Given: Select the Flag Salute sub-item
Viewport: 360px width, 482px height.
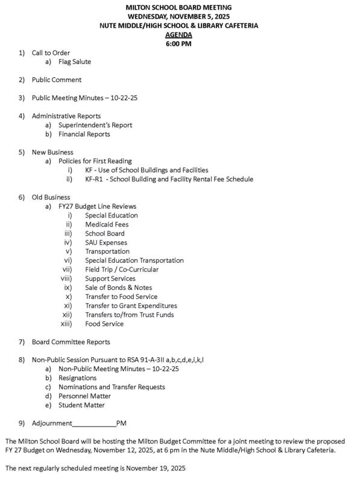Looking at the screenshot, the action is point(75,61).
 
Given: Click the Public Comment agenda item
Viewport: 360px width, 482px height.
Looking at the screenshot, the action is point(57,80).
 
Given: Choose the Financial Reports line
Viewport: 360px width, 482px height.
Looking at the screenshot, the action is point(84,134).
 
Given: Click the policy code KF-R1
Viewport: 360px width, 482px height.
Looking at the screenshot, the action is point(95,179).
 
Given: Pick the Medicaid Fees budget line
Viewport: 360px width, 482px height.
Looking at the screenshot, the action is point(107,224).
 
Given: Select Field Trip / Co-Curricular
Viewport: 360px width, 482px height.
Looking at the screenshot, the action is point(122,269).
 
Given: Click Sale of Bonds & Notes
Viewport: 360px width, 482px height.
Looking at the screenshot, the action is point(118,287).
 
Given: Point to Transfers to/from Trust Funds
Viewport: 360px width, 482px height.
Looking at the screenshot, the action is point(130,315).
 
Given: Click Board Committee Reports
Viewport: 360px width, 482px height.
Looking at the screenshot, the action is point(71,342).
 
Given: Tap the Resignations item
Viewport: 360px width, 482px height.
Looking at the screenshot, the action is point(78,378).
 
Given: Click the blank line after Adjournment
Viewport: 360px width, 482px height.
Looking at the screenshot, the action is point(94,424).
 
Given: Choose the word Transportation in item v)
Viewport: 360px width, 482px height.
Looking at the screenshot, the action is point(107,251).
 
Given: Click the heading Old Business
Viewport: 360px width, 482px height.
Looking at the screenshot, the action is point(51,197).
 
